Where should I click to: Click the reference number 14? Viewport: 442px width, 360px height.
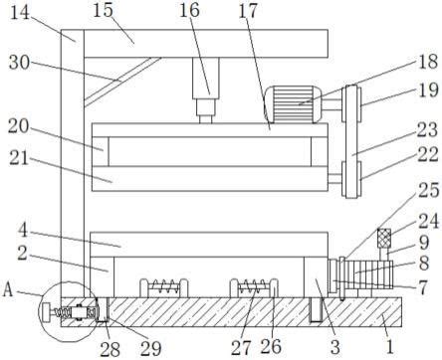(20, 13)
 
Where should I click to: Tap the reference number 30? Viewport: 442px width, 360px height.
(19, 63)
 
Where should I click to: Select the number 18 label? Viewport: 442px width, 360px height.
(428, 62)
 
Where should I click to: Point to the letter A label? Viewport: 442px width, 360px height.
(9, 290)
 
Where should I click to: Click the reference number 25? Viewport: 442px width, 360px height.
(428, 190)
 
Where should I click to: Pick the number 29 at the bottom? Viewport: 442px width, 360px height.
(150, 348)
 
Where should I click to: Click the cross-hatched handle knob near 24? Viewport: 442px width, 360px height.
(384, 239)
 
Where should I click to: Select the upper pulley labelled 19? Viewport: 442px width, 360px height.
(351, 103)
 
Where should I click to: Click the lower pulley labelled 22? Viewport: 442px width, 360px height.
(351, 180)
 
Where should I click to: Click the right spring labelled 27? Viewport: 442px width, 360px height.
(254, 285)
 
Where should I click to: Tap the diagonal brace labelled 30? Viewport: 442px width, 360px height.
(122, 82)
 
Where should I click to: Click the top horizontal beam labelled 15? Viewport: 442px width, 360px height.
(206, 44)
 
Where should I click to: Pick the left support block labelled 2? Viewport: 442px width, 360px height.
(103, 276)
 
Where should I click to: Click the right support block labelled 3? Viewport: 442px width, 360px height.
(316, 276)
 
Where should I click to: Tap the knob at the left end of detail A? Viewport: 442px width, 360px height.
(46, 312)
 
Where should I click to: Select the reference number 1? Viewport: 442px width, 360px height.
(390, 347)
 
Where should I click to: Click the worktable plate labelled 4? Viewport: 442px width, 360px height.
(209, 245)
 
